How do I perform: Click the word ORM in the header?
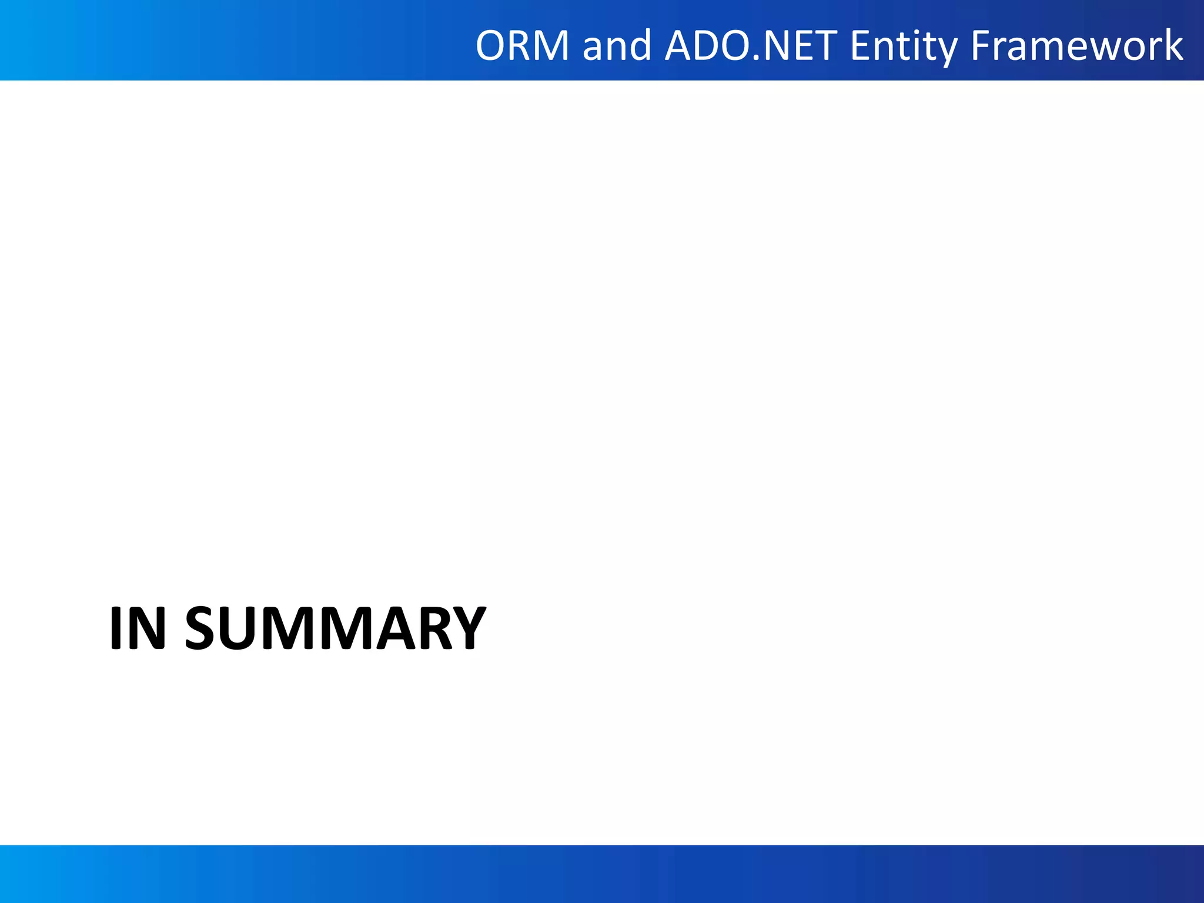point(523,46)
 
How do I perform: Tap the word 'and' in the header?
point(617,46)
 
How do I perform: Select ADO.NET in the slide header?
point(751,46)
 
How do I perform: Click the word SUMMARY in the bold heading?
point(335,628)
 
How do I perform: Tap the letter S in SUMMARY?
point(204,628)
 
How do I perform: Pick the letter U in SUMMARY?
point(240,628)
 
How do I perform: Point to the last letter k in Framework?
point(1173,46)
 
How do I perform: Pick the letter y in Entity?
point(947,49)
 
